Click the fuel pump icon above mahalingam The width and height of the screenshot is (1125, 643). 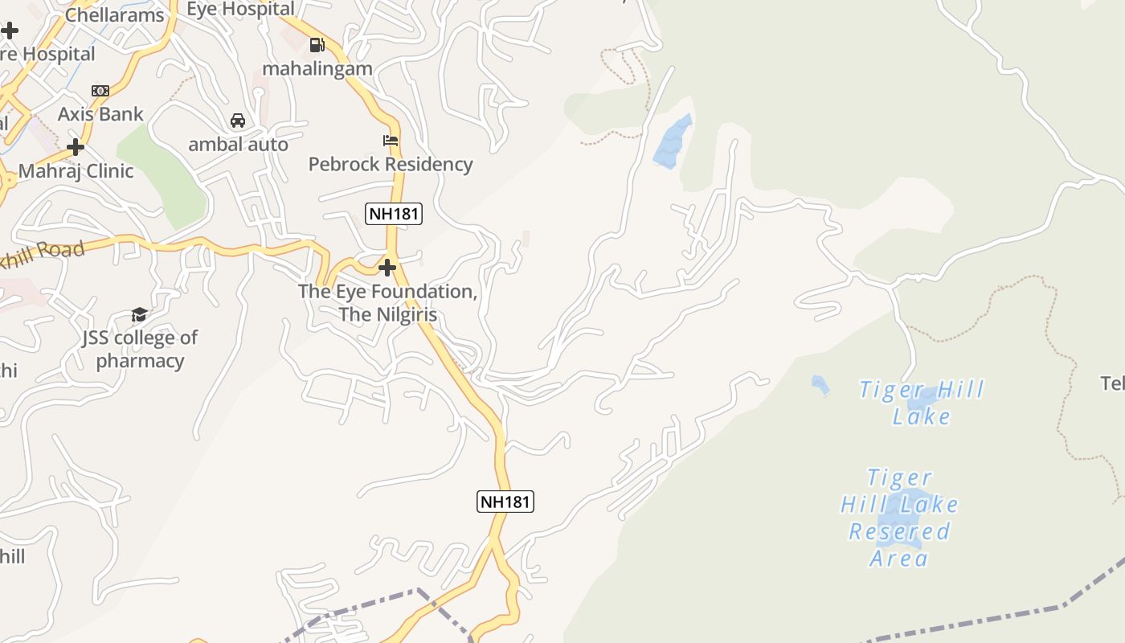tap(317, 45)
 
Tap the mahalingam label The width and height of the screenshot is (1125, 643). tap(317, 68)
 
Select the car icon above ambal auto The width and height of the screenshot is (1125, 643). tap(238, 121)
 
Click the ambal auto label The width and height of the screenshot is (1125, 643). tap(238, 145)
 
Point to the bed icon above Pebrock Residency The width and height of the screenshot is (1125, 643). tap(391, 141)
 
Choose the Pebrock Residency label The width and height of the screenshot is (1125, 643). tap(391, 164)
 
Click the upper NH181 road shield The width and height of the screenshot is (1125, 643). tap(394, 214)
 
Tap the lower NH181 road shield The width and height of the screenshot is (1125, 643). tap(505, 502)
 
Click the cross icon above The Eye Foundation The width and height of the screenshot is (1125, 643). tap(387, 267)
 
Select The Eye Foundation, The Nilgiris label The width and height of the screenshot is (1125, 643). tap(387, 302)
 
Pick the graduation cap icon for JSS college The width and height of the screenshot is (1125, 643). tap(140, 314)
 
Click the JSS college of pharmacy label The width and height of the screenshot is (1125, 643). tap(140, 349)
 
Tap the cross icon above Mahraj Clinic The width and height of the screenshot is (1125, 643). tap(76, 147)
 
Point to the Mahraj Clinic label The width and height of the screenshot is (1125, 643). tap(76, 170)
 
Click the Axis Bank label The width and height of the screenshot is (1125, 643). tap(100, 114)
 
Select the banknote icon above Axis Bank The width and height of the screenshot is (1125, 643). tap(100, 91)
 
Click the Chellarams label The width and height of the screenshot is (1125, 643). tap(114, 14)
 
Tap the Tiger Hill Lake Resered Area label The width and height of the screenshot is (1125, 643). tap(900, 518)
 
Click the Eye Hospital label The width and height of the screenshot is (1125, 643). tap(240, 9)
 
